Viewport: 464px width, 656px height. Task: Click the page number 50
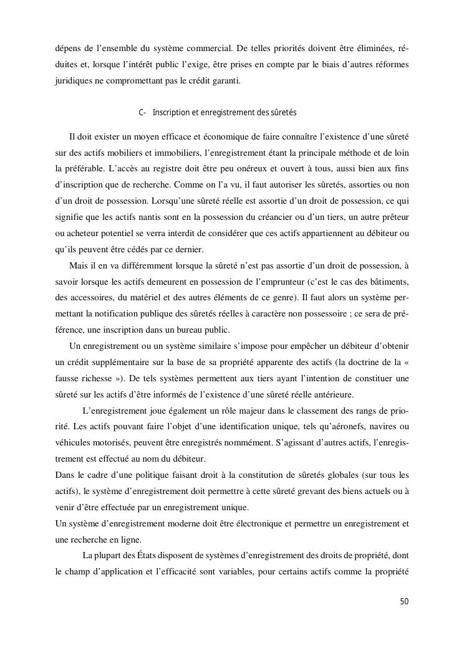pos(404,601)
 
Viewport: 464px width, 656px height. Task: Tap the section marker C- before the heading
pos(142,113)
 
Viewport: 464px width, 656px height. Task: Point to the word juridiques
pos(74,80)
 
